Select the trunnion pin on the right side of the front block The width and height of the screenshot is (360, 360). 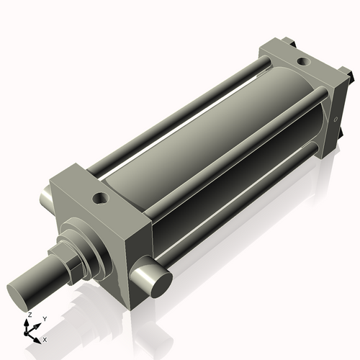[x=154, y=280]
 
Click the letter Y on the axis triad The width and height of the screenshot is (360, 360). [x=44, y=318]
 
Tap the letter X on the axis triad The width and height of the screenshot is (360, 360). [x=45, y=338]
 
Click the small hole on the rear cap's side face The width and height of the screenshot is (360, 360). [x=336, y=119]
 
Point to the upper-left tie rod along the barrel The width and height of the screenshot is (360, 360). [x=180, y=108]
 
